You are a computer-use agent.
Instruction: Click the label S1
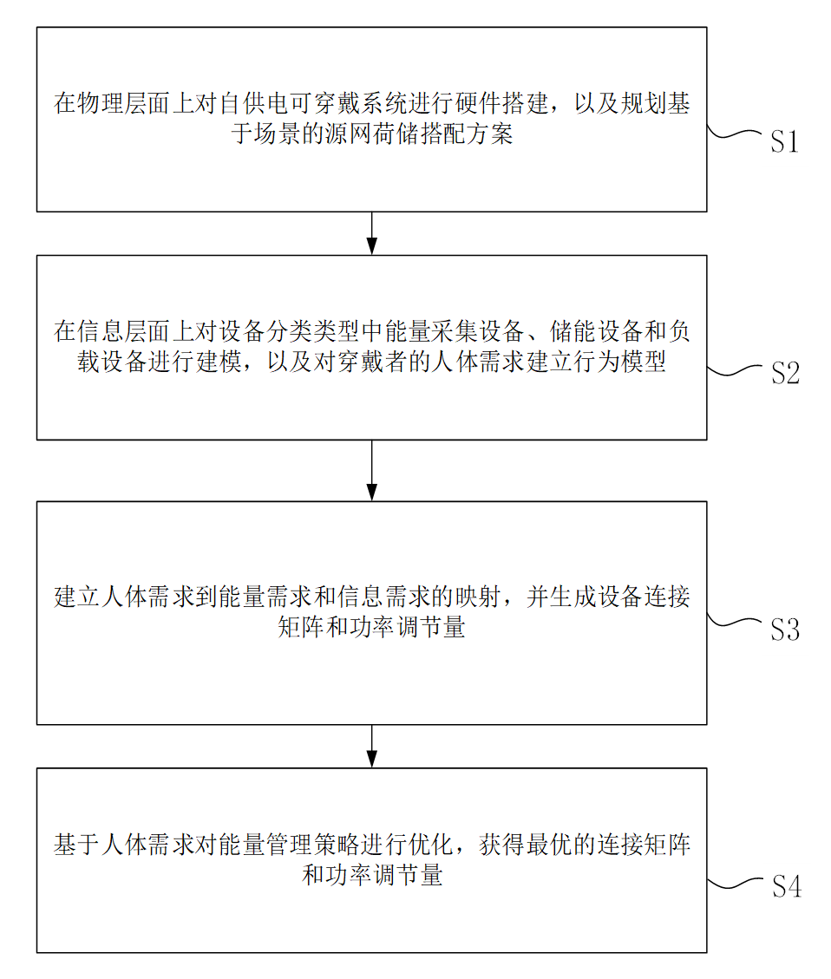[784, 141]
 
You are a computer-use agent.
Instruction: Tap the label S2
[785, 374]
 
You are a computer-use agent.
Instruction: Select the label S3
[785, 630]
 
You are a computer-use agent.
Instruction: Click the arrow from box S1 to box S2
[371, 233]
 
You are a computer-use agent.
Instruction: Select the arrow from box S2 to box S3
[371, 471]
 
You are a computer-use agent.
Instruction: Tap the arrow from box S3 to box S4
[371, 746]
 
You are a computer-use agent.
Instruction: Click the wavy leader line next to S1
[734, 134]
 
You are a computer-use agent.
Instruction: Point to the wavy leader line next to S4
[735, 883]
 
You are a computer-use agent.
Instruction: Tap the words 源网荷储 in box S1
[372, 134]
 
